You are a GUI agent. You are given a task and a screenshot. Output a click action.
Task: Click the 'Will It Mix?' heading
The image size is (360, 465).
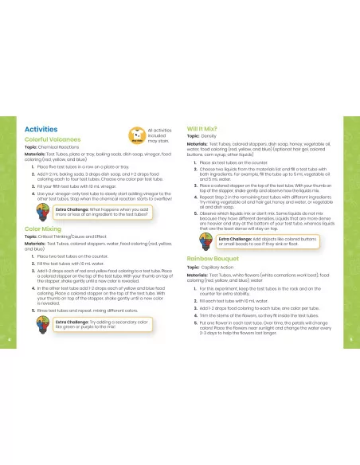coord(204,128)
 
